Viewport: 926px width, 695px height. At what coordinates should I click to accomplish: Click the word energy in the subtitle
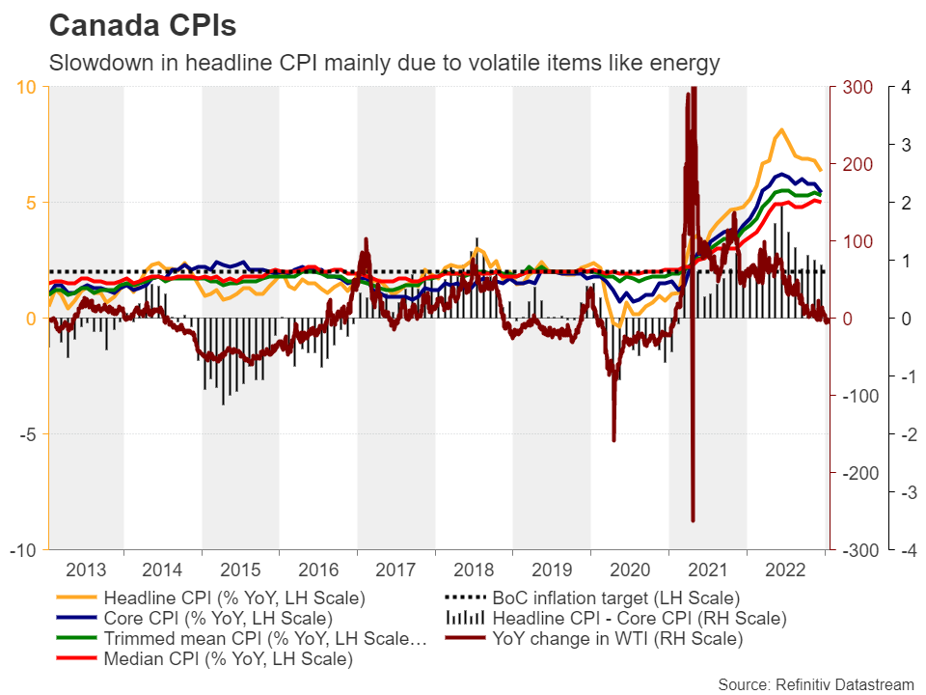coord(689,64)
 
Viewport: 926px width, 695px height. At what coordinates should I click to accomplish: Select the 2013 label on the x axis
coord(85,569)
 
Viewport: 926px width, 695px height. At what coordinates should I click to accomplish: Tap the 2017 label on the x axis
coord(395,569)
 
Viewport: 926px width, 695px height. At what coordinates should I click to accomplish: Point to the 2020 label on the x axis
coord(629,569)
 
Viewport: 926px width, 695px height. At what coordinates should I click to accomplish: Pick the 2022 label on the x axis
coord(785,569)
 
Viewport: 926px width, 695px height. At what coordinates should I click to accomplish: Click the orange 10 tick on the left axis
coord(27,87)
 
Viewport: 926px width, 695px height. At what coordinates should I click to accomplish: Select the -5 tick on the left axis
coord(27,434)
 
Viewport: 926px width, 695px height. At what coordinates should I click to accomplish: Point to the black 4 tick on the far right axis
coord(904,87)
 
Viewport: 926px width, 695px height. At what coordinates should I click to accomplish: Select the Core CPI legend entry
coord(218,618)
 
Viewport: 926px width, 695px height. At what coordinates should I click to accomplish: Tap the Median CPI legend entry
coord(228,660)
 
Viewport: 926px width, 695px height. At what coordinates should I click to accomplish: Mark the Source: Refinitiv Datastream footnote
coord(815,683)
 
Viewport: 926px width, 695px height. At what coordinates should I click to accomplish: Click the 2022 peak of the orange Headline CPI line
coord(781,129)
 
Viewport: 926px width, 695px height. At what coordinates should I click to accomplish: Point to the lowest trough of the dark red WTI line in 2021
coord(693,521)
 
